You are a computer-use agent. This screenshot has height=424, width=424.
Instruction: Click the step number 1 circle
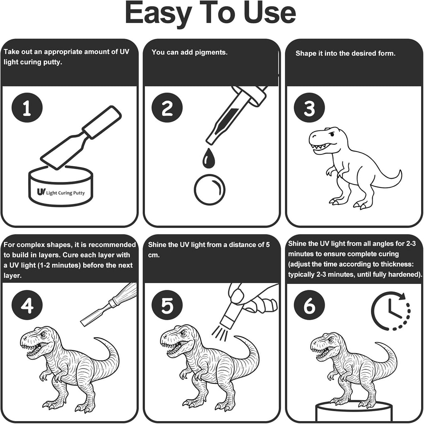pos(27,108)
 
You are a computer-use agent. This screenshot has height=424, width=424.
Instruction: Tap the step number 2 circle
pos(167,108)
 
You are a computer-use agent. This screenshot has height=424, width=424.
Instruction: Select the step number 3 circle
pos(309,108)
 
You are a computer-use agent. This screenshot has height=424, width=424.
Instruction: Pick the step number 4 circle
pos(27,305)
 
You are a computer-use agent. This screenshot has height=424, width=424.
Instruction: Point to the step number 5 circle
pos(167,305)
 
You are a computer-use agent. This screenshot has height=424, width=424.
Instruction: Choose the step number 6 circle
pos(309,305)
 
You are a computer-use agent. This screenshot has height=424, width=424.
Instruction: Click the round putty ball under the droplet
pos(210,189)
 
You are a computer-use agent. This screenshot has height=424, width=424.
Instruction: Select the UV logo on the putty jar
pos(41,192)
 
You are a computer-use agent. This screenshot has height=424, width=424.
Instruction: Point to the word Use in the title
pos(270,13)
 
